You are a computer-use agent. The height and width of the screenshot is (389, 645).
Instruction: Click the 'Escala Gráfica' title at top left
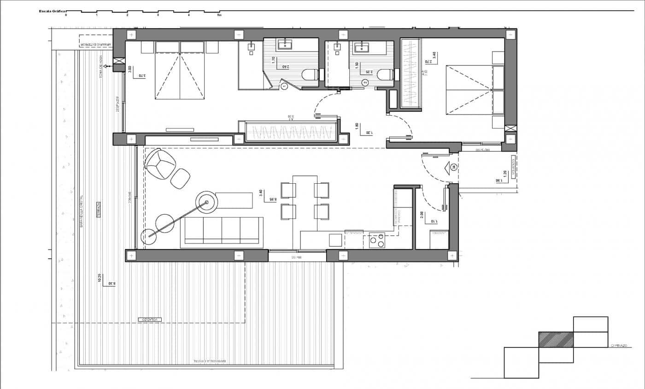pyautogui.click(x=52, y=10)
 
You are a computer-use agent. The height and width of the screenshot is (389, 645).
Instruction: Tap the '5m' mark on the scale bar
pyautogui.click(x=219, y=15)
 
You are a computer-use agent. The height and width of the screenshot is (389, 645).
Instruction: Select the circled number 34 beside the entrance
pyautogui.click(x=454, y=167)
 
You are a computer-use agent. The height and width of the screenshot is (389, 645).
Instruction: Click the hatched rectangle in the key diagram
pyautogui.click(x=556, y=339)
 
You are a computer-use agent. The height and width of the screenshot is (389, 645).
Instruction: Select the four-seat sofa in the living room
pyautogui.click(x=222, y=232)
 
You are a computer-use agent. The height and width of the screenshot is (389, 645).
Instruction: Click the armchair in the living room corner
pyautogui.click(x=160, y=164)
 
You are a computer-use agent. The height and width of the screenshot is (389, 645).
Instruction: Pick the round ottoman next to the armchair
pyautogui.click(x=180, y=178)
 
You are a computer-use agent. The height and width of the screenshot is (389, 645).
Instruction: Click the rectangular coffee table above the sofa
pyautogui.click(x=234, y=200)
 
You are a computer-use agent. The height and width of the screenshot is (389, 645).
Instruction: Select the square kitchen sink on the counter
pyautogui.click(x=335, y=240)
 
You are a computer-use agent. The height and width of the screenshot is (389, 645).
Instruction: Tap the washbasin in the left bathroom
pyautogui.click(x=284, y=44)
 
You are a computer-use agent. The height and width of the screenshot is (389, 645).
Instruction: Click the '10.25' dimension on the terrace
pyautogui.click(x=100, y=278)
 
